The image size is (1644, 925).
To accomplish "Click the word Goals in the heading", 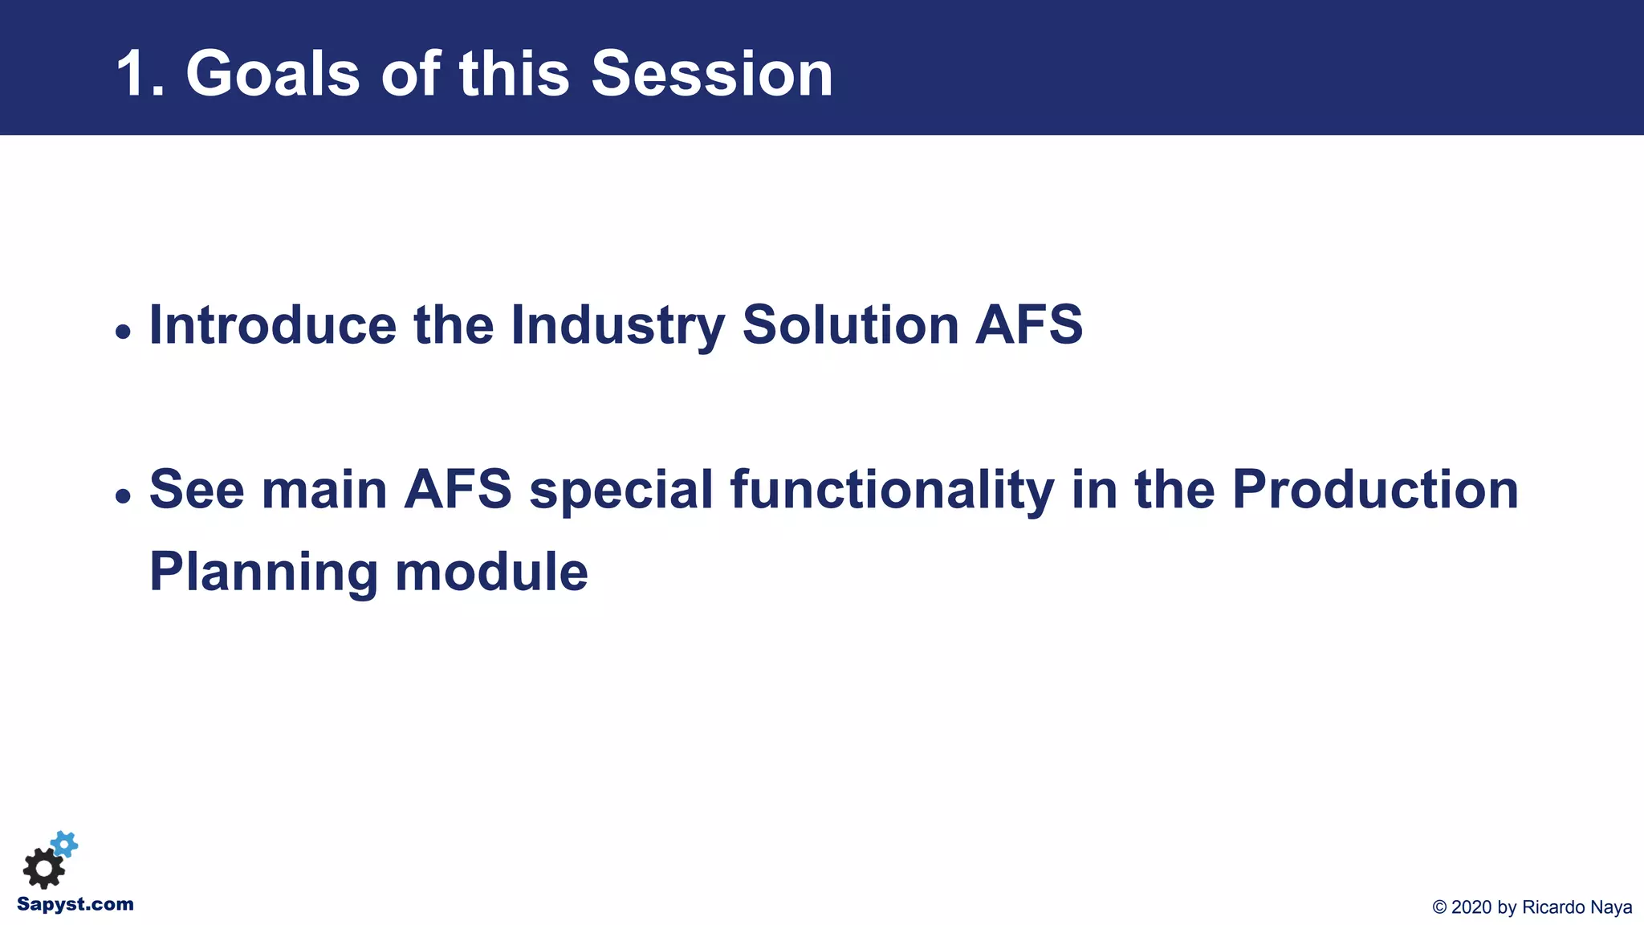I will pos(273,74).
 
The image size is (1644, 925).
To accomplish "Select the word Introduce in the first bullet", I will pos(273,325).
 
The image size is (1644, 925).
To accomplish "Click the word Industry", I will pos(617,325).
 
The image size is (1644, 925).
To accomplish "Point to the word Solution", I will pos(850,325).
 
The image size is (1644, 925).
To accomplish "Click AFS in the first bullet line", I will pos(1029,325).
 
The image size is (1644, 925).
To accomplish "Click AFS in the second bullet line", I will pos(458,489).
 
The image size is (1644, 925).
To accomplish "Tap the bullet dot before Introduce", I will pos(123,331).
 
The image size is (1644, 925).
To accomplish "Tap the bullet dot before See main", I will pos(123,495).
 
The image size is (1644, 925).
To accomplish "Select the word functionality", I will pos(891,489).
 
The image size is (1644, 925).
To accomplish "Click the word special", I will pos(621,489).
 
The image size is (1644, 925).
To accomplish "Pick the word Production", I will pos(1374,489).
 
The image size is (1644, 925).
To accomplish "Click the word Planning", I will pos(263,573).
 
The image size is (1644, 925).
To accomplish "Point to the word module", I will pos(491,573).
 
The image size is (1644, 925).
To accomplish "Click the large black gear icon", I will pos(43,868).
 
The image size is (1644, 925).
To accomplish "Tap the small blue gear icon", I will pos(65,844).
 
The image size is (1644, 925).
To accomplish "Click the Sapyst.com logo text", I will pos(75,905).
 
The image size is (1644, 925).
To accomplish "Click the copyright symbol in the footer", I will pos(1439,907).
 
